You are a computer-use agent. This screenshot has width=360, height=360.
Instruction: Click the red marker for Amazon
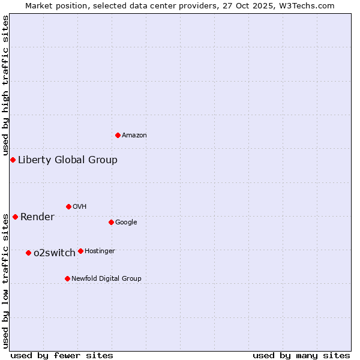coord(118,135)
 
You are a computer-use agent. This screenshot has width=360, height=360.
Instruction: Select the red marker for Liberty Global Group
coord(13,160)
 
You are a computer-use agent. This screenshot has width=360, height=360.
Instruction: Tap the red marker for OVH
coord(68,206)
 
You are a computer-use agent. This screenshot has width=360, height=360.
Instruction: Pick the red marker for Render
coord(15,217)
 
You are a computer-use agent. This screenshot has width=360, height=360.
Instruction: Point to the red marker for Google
coord(111,222)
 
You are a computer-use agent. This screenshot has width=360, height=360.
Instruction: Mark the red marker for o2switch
coord(28,253)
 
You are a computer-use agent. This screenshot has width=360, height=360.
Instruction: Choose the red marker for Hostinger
coord(80,251)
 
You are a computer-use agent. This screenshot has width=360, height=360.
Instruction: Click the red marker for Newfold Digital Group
coord(67,278)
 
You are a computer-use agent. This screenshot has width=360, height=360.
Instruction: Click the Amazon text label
coord(134,136)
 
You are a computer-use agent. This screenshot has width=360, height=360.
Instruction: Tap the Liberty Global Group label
coord(68,160)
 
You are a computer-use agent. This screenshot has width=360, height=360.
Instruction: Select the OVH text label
coord(80,207)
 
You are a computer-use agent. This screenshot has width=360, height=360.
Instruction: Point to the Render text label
coord(37,217)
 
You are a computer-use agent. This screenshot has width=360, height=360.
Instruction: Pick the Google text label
coord(126,223)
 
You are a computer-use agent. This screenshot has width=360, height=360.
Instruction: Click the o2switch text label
coord(55,253)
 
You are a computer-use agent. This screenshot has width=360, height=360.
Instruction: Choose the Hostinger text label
coord(100,251)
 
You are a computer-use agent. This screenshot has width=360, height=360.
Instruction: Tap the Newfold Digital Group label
coord(106,279)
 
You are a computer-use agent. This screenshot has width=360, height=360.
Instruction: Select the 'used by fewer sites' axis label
coord(62,355)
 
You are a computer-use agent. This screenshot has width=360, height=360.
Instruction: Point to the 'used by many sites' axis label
coord(301,355)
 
